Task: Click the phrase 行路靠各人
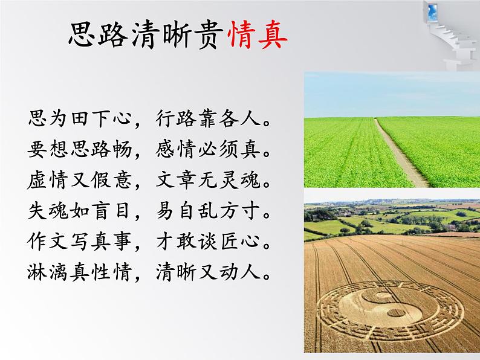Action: pyautogui.click(x=210, y=118)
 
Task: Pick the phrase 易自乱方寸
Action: pyautogui.click(x=210, y=211)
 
